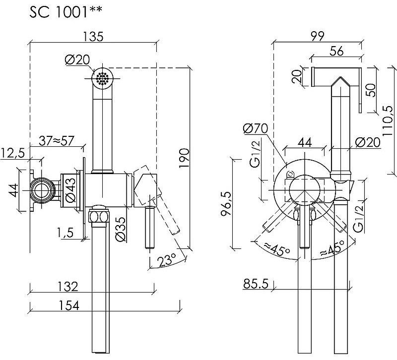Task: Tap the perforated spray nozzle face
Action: [x=103, y=78]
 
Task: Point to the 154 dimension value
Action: [x=67, y=305]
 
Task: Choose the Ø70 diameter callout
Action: [x=255, y=129]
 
